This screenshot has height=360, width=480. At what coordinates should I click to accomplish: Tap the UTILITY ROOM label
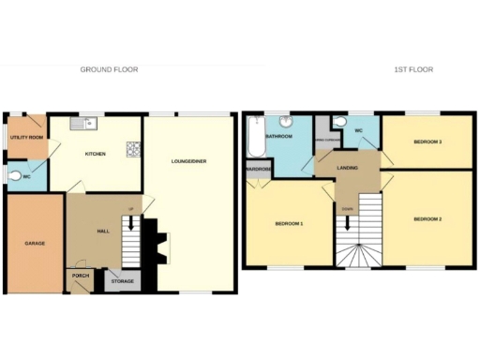pos(25,138)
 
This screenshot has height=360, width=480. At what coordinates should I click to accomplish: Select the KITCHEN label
pos(95,154)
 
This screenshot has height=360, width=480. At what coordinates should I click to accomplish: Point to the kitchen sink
pos(87,123)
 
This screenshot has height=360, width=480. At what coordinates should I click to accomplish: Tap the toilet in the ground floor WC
pos(13,176)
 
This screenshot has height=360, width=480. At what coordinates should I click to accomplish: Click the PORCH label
pos(81,277)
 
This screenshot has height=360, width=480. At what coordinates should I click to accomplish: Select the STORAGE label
pos(122,280)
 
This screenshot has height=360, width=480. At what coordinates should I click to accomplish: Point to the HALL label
pos(104,231)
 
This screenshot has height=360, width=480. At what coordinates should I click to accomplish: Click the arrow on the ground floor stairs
pos(131,226)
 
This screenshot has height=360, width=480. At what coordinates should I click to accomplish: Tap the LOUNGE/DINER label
pos(189,161)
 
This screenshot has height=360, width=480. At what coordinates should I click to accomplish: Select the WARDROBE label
pos(258,170)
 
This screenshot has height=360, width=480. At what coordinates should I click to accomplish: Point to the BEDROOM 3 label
pos(427,141)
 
